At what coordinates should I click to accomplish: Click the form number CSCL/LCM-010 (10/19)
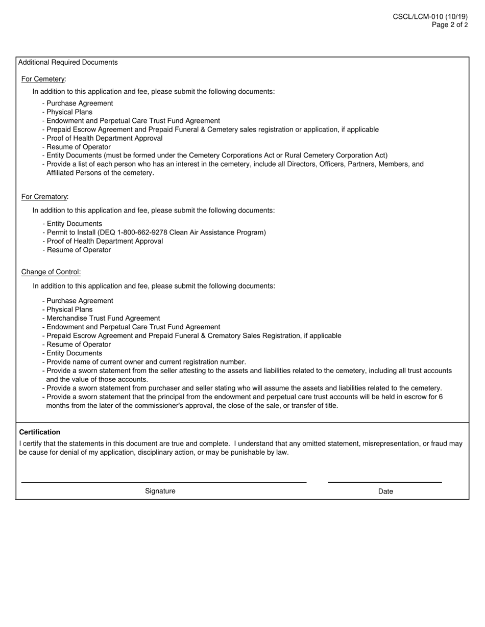430,17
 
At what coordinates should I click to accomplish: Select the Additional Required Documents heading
68,62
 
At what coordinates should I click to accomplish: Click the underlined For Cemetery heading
43,79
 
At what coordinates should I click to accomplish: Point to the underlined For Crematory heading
44,197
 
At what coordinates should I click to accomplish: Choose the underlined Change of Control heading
51,272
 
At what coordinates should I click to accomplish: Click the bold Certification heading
40,432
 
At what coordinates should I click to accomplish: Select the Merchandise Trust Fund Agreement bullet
103,318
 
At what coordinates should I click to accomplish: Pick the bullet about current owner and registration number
146,362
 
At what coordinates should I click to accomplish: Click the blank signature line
163,481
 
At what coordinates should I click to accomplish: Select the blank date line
384,481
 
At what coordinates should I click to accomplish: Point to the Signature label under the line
160,491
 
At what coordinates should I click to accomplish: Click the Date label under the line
385,491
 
